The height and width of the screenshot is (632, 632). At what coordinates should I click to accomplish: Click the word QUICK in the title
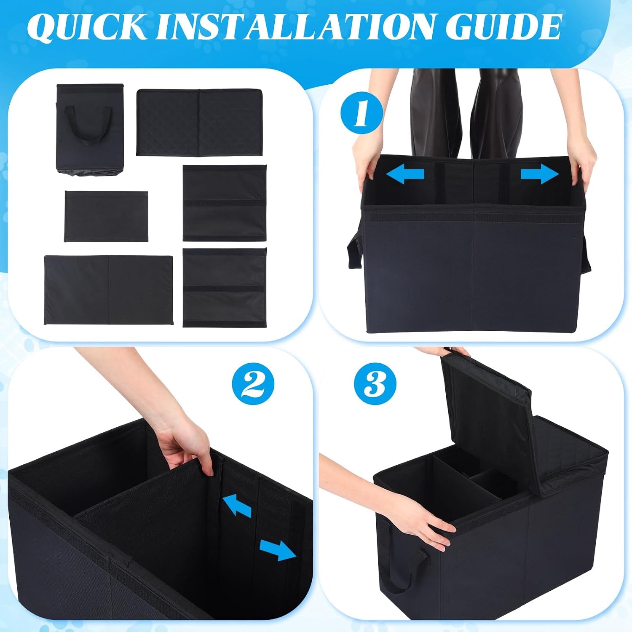(87, 27)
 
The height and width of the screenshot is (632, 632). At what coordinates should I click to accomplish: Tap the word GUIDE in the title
(503, 27)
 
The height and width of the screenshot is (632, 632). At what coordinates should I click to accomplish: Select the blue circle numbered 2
(253, 384)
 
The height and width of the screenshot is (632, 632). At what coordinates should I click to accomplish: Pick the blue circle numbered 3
(375, 384)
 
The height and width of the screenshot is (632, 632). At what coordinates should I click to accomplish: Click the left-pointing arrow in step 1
(405, 174)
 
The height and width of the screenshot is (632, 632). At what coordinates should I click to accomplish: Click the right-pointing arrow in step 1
(540, 174)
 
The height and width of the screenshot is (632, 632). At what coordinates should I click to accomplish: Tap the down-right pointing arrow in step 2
(278, 550)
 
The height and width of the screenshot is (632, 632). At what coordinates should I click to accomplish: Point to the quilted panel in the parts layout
(199, 122)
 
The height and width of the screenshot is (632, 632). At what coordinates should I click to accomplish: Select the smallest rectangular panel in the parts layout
(106, 216)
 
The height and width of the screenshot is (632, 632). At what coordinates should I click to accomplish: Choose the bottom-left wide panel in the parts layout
(108, 290)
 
